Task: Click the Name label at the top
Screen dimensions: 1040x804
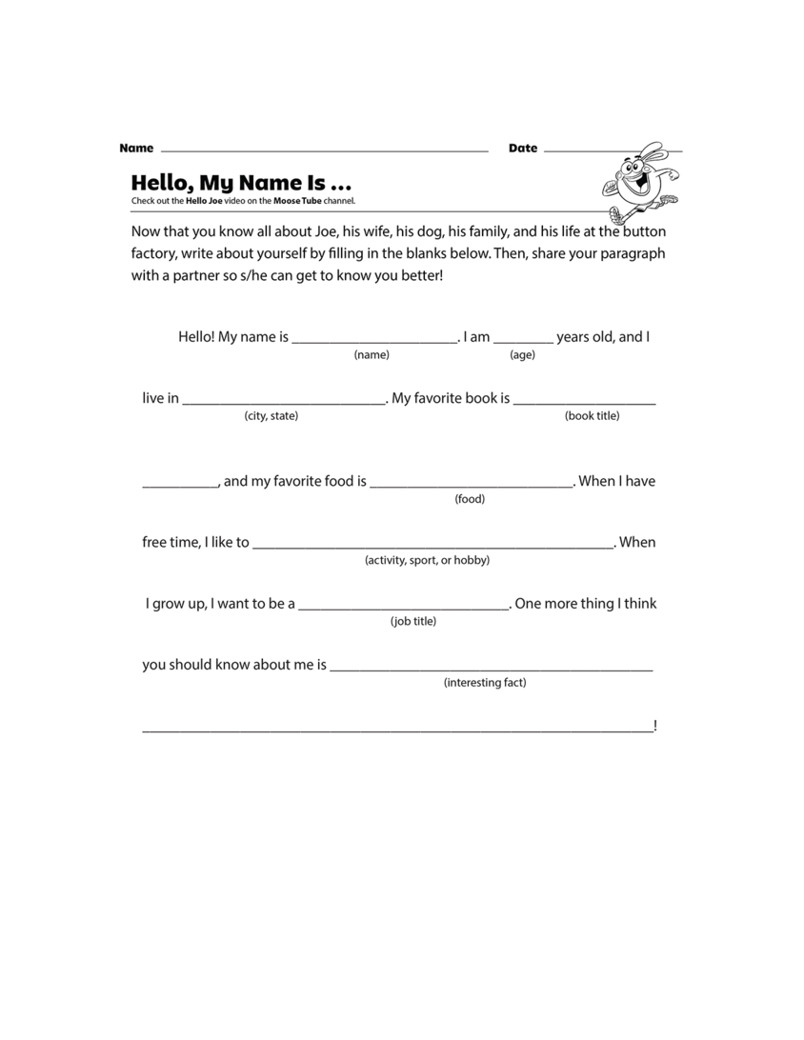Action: click(136, 149)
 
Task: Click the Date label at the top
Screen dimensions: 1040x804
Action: click(523, 149)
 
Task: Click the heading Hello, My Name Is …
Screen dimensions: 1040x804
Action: click(241, 182)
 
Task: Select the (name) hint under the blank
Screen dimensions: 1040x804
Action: click(372, 355)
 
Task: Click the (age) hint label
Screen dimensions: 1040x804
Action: click(522, 355)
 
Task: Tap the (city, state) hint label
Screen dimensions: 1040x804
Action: click(271, 416)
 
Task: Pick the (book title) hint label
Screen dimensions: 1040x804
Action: click(592, 416)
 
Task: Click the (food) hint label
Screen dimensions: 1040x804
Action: click(470, 499)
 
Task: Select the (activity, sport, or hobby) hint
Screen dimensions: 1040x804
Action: click(427, 560)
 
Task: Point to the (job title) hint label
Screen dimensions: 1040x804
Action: click(413, 621)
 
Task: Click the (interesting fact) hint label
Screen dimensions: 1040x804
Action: click(485, 682)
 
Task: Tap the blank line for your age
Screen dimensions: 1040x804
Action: click(523, 341)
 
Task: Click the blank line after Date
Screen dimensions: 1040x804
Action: click(613, 151)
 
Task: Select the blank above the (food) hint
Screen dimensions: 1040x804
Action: click(472, 486)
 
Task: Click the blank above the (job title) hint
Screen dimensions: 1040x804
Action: click(404, 608)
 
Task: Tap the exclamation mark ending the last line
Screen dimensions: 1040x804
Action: click(655, 726)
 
